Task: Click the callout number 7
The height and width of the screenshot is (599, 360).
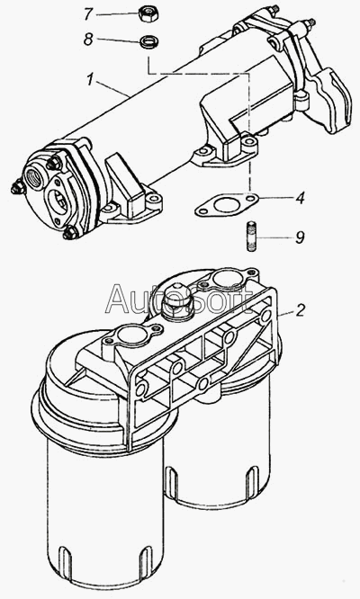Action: pos(89,14)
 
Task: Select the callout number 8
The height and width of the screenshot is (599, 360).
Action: pos(89,39)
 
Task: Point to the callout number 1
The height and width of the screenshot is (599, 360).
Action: pos(90,80)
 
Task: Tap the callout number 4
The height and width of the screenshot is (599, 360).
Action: pos(301,198)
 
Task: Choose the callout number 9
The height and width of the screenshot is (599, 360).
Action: pos(301,237)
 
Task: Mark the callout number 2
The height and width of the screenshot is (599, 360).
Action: pos(301,309)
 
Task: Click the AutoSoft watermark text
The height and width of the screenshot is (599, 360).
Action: pos(179,299)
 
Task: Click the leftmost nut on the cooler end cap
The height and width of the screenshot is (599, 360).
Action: pos(17,188)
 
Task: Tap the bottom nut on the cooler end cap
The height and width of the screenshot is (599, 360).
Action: pos(71,233)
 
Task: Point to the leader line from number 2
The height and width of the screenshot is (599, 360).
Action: pos(285,312)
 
